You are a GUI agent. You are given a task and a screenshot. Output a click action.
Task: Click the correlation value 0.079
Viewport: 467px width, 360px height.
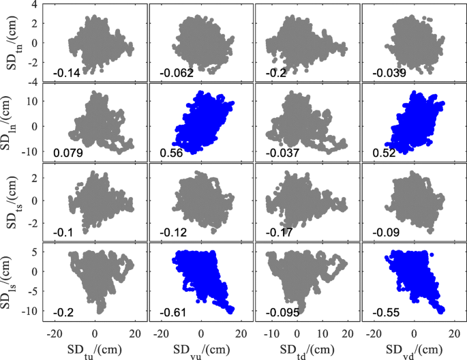coord(66,153)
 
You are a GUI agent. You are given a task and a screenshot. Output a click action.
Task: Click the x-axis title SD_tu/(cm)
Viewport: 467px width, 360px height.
coord(95,350)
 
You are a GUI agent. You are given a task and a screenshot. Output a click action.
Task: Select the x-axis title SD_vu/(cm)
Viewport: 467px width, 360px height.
coord(200,350)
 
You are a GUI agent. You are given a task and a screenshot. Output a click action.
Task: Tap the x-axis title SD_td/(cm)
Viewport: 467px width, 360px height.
coord(307,350)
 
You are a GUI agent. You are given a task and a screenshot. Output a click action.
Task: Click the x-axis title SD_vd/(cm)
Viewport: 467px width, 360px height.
coord(413,350)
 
